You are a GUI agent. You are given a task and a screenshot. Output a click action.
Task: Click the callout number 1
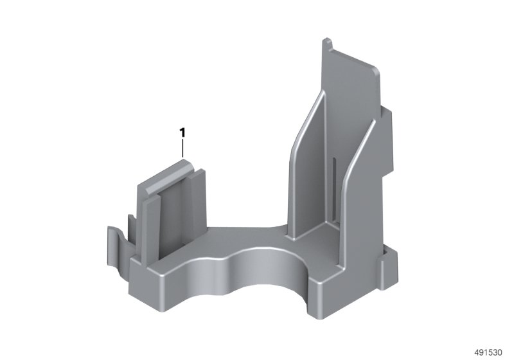click(x=182, y=133)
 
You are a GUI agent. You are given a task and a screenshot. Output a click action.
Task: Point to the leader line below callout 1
click(x=182, y=149)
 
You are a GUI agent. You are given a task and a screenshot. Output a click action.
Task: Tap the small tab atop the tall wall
click(x=328, y=43)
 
